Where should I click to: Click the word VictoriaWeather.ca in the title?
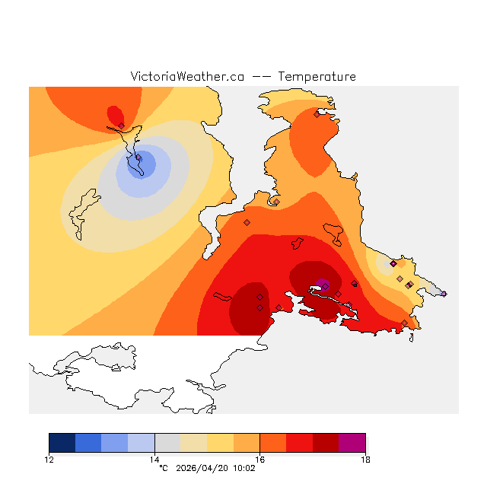187,77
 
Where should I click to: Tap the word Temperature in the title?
317,77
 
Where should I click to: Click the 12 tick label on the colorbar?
49,459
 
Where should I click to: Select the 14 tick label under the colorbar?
154,459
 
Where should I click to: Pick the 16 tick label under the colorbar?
259,459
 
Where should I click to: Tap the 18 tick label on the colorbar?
364,459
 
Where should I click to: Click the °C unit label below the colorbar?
163,468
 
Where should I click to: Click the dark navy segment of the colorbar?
62,443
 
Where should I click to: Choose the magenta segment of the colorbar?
352,443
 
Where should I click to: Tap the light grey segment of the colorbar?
167,443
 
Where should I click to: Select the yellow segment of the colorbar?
220,443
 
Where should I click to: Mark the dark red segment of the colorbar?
326,443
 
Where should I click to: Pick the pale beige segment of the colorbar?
194,443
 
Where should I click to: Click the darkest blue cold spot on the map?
142,164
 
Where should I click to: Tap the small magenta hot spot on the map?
323,285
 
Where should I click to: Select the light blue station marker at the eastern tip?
444,294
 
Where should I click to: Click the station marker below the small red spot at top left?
121,126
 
